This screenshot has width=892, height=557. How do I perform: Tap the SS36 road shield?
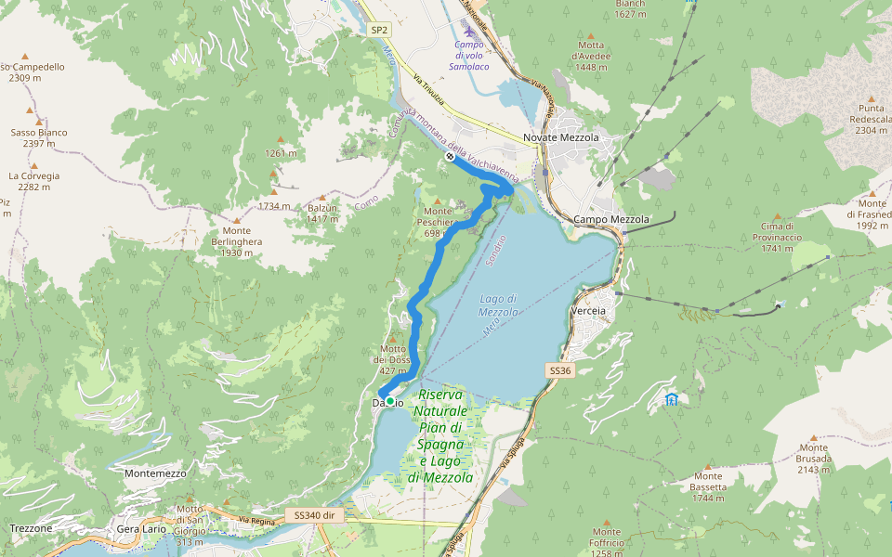(x=557, y=370)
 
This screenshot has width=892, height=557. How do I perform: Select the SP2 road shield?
(x=378, y=30)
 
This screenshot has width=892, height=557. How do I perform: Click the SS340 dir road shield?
(x=314, y=514)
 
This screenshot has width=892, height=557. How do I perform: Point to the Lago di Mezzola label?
(x=499, y=305)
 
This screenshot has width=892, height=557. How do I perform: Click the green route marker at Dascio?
(x=390, y=401)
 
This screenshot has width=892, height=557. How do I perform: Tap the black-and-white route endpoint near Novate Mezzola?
(x=450, y=157)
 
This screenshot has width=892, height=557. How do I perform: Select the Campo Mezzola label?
(x=611, y=219)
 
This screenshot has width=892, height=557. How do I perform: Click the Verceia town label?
(x=590, y=310)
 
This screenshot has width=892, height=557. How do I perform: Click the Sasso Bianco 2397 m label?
(x=39, y=137)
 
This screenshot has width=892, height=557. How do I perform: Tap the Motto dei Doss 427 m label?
(x=391, y=359)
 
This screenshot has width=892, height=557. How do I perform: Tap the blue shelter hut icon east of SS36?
(x=671, y=399)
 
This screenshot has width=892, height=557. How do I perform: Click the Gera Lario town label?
(x=141, y=528)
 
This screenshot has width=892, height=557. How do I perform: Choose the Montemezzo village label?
(x=154, y=473)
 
